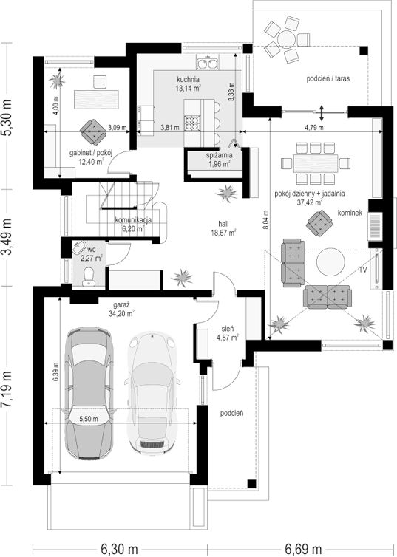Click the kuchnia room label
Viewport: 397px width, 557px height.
188,79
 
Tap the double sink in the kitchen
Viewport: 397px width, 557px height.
208,64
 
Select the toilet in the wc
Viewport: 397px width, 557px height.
88,277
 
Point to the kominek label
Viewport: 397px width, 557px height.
350,213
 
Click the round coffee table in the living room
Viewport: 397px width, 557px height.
330,262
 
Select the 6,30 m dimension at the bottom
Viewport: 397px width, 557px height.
120,549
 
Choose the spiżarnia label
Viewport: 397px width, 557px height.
220,155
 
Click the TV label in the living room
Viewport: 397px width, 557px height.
362,270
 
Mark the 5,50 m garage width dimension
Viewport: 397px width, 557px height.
89,419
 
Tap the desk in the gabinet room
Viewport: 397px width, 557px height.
96,100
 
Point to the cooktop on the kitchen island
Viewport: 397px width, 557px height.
192,123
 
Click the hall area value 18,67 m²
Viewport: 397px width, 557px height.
223,233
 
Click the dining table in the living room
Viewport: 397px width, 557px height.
315,163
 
